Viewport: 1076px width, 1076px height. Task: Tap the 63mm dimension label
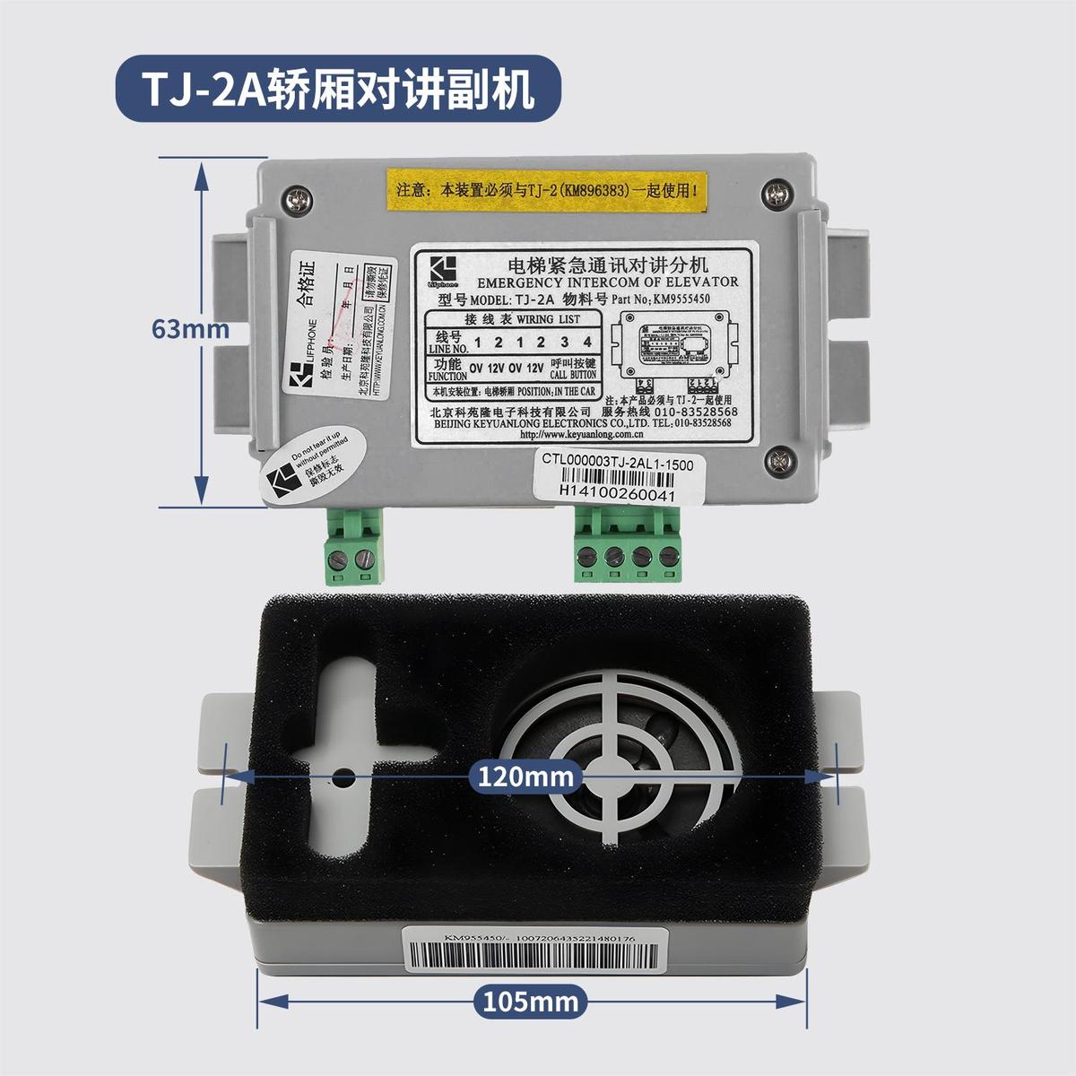(190, 329)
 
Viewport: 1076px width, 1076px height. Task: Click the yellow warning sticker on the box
(548, 190)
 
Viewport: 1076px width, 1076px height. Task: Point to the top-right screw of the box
(774, 191)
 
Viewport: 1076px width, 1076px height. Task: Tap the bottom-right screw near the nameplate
(774, 460)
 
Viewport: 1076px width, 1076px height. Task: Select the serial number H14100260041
(616, 492)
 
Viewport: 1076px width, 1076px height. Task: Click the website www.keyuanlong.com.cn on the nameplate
(575, 434)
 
